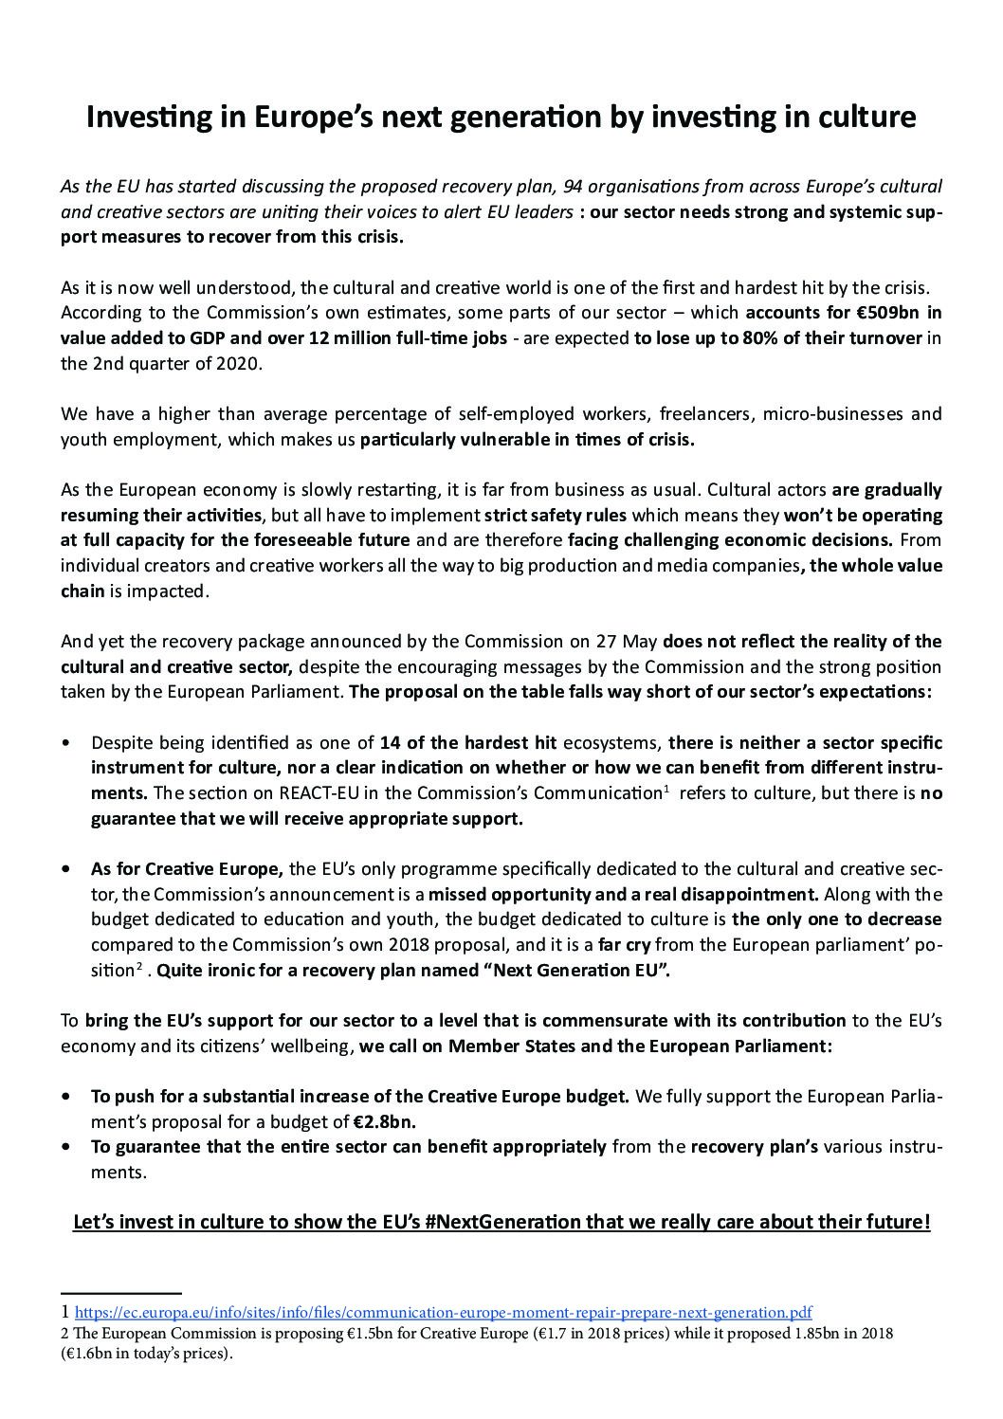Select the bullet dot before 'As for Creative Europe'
point(65,868)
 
